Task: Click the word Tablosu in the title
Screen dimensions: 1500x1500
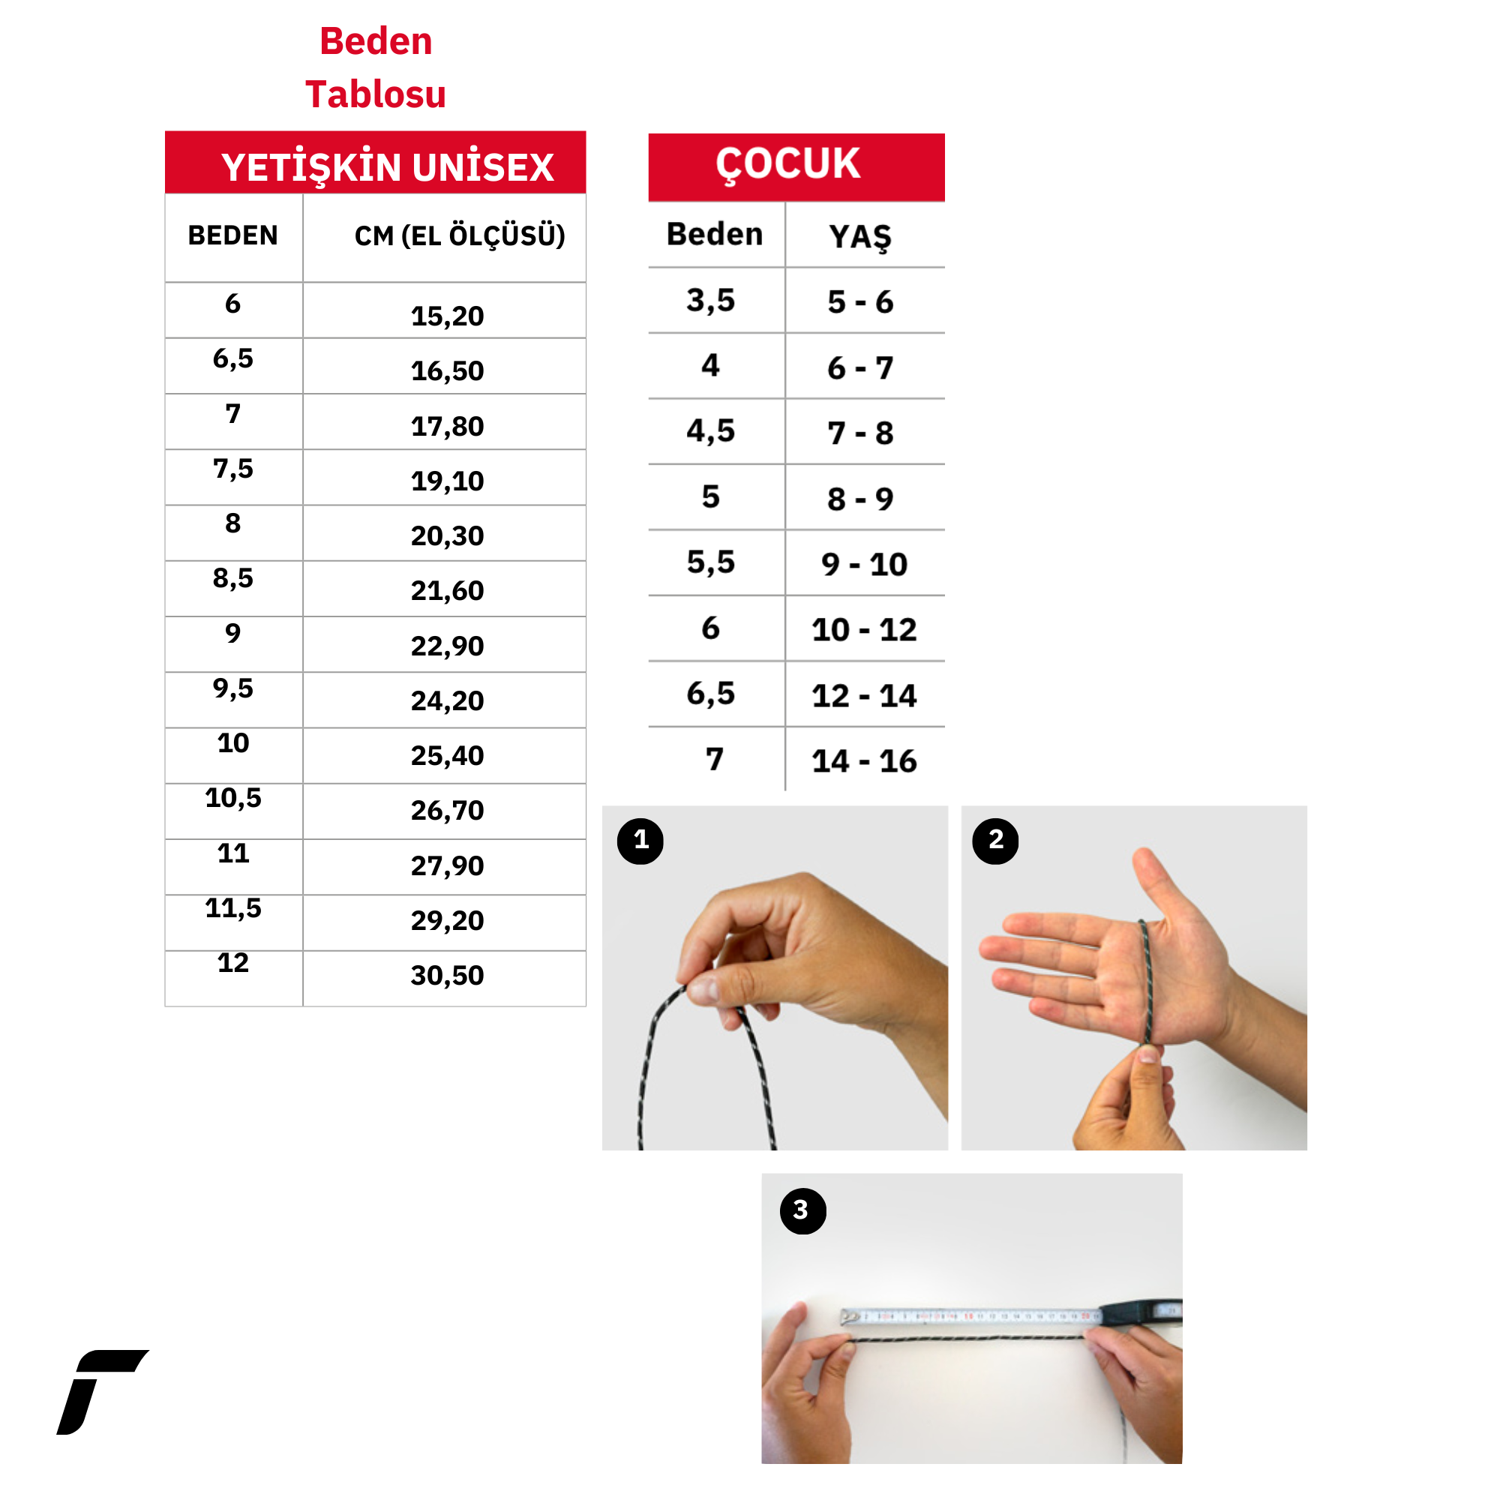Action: coord(376,94)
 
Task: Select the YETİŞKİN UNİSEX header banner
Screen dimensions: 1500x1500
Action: coord(376,162)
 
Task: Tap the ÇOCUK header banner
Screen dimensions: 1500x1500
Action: coord(796,167)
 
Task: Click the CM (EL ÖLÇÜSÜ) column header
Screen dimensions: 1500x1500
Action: coord(460,236)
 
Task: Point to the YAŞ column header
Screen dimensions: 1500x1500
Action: coord(860,237)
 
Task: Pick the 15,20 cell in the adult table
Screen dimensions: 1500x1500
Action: coord(447,316)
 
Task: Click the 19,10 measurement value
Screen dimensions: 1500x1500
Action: coord(447,481)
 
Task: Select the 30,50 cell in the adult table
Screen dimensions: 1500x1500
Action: coord(447,976)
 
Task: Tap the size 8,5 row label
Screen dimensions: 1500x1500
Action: coord(233,578)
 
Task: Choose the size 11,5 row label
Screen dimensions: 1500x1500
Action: coord(233,908)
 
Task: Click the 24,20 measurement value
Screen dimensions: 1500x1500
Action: coord(447,701)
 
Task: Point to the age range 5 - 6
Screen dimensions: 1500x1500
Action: coord(860,302)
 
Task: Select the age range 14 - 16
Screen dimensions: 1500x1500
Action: coord(864,760)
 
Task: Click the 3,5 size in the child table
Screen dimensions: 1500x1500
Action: coord(710,301)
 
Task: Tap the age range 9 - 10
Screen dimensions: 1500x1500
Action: coord(864,565)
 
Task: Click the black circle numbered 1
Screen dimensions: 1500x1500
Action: coord(640,841)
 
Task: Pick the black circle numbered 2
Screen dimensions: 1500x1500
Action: coord(995,841)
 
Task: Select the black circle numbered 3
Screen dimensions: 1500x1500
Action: coord(802,1211)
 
